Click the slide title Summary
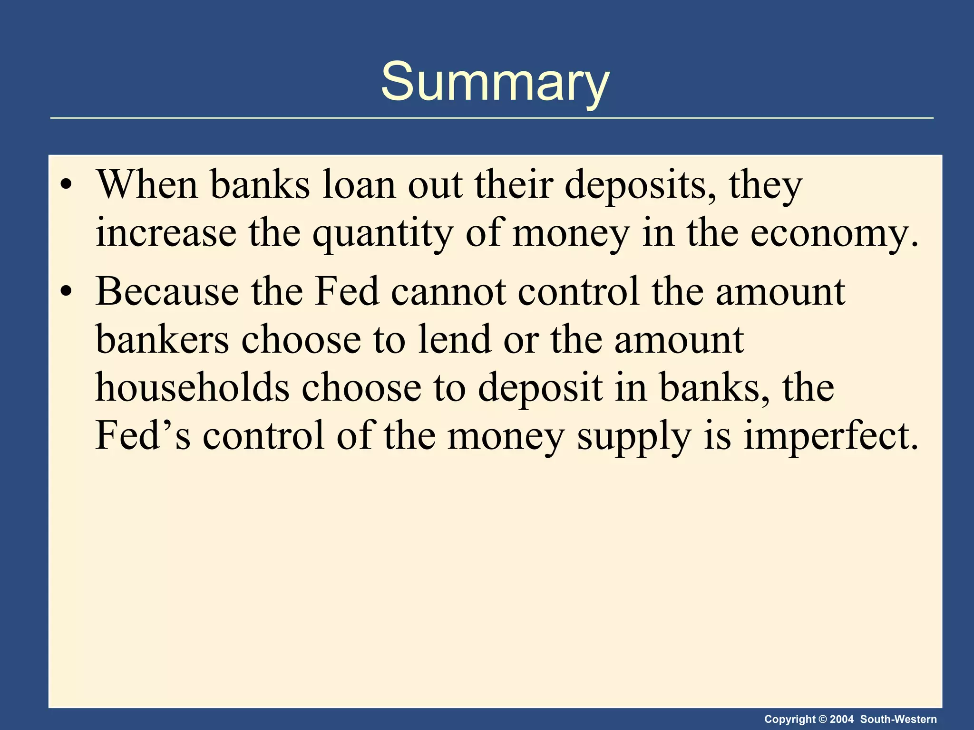tap(495, 82)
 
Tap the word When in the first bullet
tap(147, 185)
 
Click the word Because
tap(167, 291)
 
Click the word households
tap(193, 387)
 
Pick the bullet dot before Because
tap(67, 291)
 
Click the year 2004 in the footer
tap(841, 719)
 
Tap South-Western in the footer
tap(898, 719)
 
